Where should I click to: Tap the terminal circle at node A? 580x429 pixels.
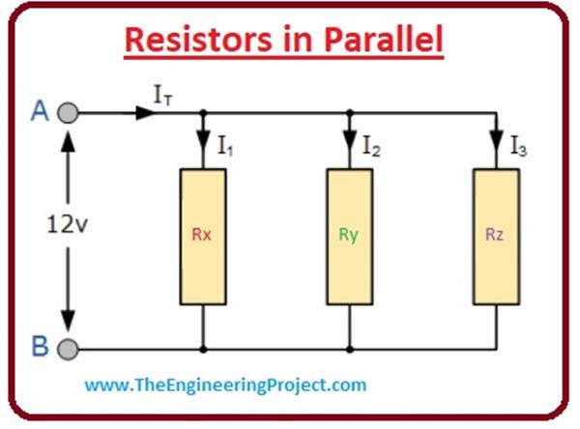tap(68, 113)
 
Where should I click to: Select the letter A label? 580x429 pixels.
tap(40, 112)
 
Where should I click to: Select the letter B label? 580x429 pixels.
tap(40, 346)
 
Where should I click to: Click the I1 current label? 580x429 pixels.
tap(225, 147)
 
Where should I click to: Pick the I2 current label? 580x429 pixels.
tap(371, 147)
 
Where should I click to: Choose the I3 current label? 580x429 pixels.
tap(518, 147)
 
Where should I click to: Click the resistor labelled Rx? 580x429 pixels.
tap(203, 234)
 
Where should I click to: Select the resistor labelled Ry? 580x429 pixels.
tap(349, 234)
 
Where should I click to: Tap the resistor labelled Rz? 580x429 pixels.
tap(495, 234)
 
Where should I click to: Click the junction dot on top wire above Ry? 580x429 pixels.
tap(349, 113)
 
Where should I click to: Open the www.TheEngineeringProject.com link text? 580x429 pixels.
tap(225, 385)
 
